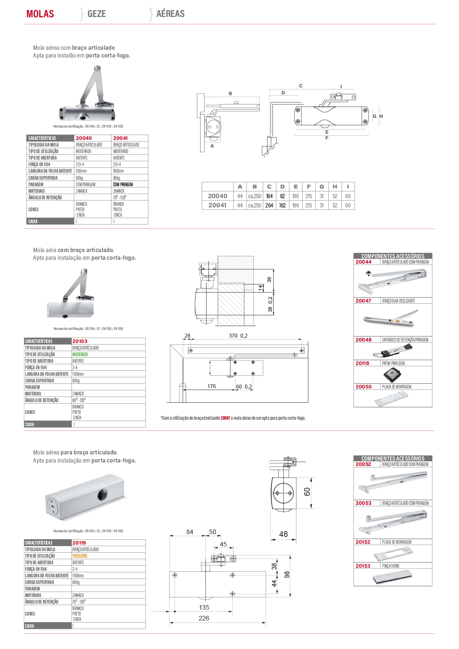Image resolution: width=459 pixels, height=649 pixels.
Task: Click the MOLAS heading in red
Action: tap(40, 13)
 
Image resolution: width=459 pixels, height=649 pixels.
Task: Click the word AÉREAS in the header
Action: tap(170, 13)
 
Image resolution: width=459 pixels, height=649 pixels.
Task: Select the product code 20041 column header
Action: tap(120, 138)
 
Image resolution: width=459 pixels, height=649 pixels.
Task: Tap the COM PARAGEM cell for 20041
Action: tap(123, 184)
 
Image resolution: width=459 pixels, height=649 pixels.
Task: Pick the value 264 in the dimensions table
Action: tap(269, 205)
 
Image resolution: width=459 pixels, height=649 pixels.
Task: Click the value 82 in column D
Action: tap(282, 196)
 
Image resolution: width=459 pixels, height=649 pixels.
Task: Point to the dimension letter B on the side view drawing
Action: tap(230, 94)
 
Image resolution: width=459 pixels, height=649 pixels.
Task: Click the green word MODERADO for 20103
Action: tap(80, 354)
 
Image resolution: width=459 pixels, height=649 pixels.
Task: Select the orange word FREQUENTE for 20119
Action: tap(80, 556)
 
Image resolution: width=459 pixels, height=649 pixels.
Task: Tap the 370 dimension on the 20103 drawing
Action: tap(233, 336)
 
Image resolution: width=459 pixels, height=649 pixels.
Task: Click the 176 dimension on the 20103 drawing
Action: tap(212, 386)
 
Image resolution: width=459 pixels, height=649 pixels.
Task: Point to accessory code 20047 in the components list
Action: tap(363, 301)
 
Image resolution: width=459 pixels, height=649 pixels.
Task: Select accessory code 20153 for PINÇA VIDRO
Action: tap(363, 566)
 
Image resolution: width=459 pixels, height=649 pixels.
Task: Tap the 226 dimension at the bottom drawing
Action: tap(204, 618)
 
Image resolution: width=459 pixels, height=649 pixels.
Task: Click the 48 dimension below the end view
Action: tap(283, 534)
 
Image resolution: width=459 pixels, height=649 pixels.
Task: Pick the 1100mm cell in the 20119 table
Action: tap(78, 576)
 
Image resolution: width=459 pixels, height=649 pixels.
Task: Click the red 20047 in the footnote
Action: tap(225, 418)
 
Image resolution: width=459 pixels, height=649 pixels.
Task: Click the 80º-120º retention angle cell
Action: tap(79, 400)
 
